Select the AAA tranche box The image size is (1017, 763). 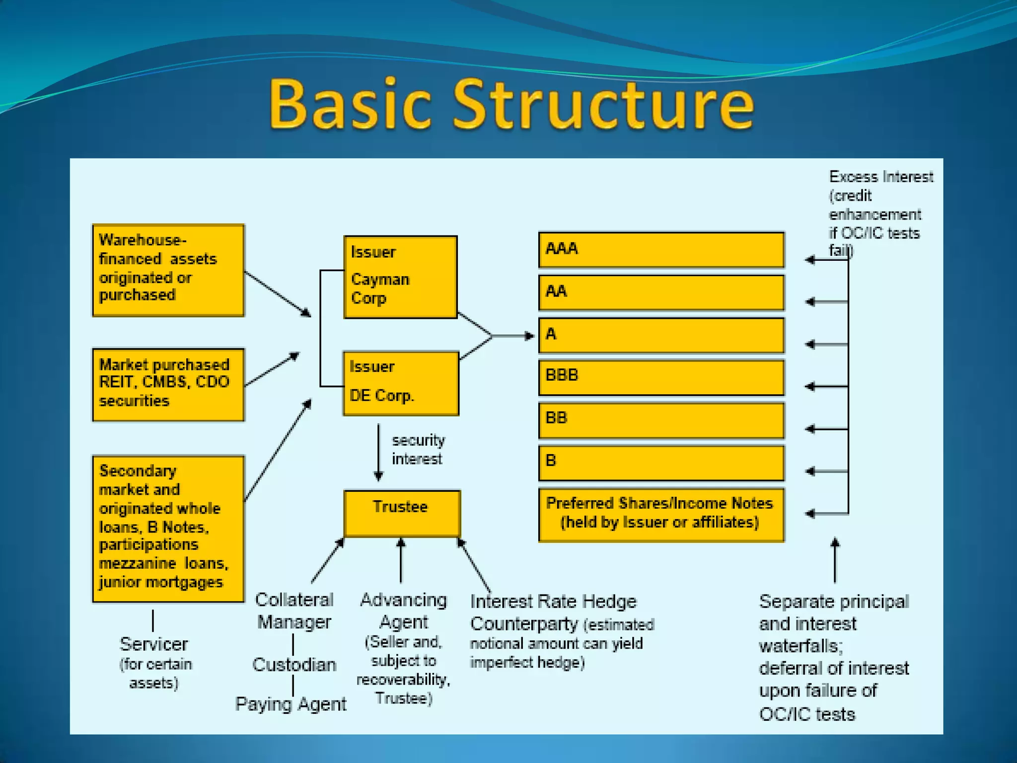pyautogui.click(x=661, y=249)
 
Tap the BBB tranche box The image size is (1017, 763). pyautogui.click(x=661, y=378)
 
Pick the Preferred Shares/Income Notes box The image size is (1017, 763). pyautogui.click(x=661, y=514)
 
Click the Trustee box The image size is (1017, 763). pyautogui.click(x=402, y=513)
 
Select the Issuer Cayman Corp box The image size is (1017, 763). pyautogui.click(x=400, y=277)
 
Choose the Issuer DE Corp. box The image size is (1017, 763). pyautogui.click(x=400, y=383)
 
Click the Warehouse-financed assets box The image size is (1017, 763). pyautogui.click(x=168, y=270)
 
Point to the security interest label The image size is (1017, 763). pyautogui.click(x=418, y=450)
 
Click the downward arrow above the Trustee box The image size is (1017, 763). pyautogui.click(x=378, y=452)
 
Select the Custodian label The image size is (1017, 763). pyautogui.click(x=294, y=665)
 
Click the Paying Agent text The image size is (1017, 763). pyautogui.click(x=291, y=704)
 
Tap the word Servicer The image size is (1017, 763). pyautogui.click(x=153, y=644)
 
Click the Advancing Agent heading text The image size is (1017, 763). pyautogui.click(x=403, y=611)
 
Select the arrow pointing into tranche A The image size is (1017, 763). pyautogui.click(x=512, y=336)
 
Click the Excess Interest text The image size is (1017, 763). pyautogui.click(x=880, y=177)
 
